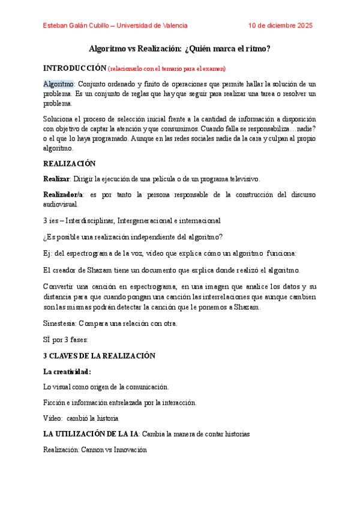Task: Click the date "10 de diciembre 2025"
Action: tap(280, 26)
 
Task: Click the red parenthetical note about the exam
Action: tap(167, 68)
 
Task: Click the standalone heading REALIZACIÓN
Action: tap(70, 163)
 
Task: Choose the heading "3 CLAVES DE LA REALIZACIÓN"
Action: tap(99, 355)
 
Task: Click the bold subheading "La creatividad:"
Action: tap(67, 372)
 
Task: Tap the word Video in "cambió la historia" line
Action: tap(53, 418)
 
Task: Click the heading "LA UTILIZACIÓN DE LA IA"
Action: tap(91, 433)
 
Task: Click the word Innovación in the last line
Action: tap(129, 449)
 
